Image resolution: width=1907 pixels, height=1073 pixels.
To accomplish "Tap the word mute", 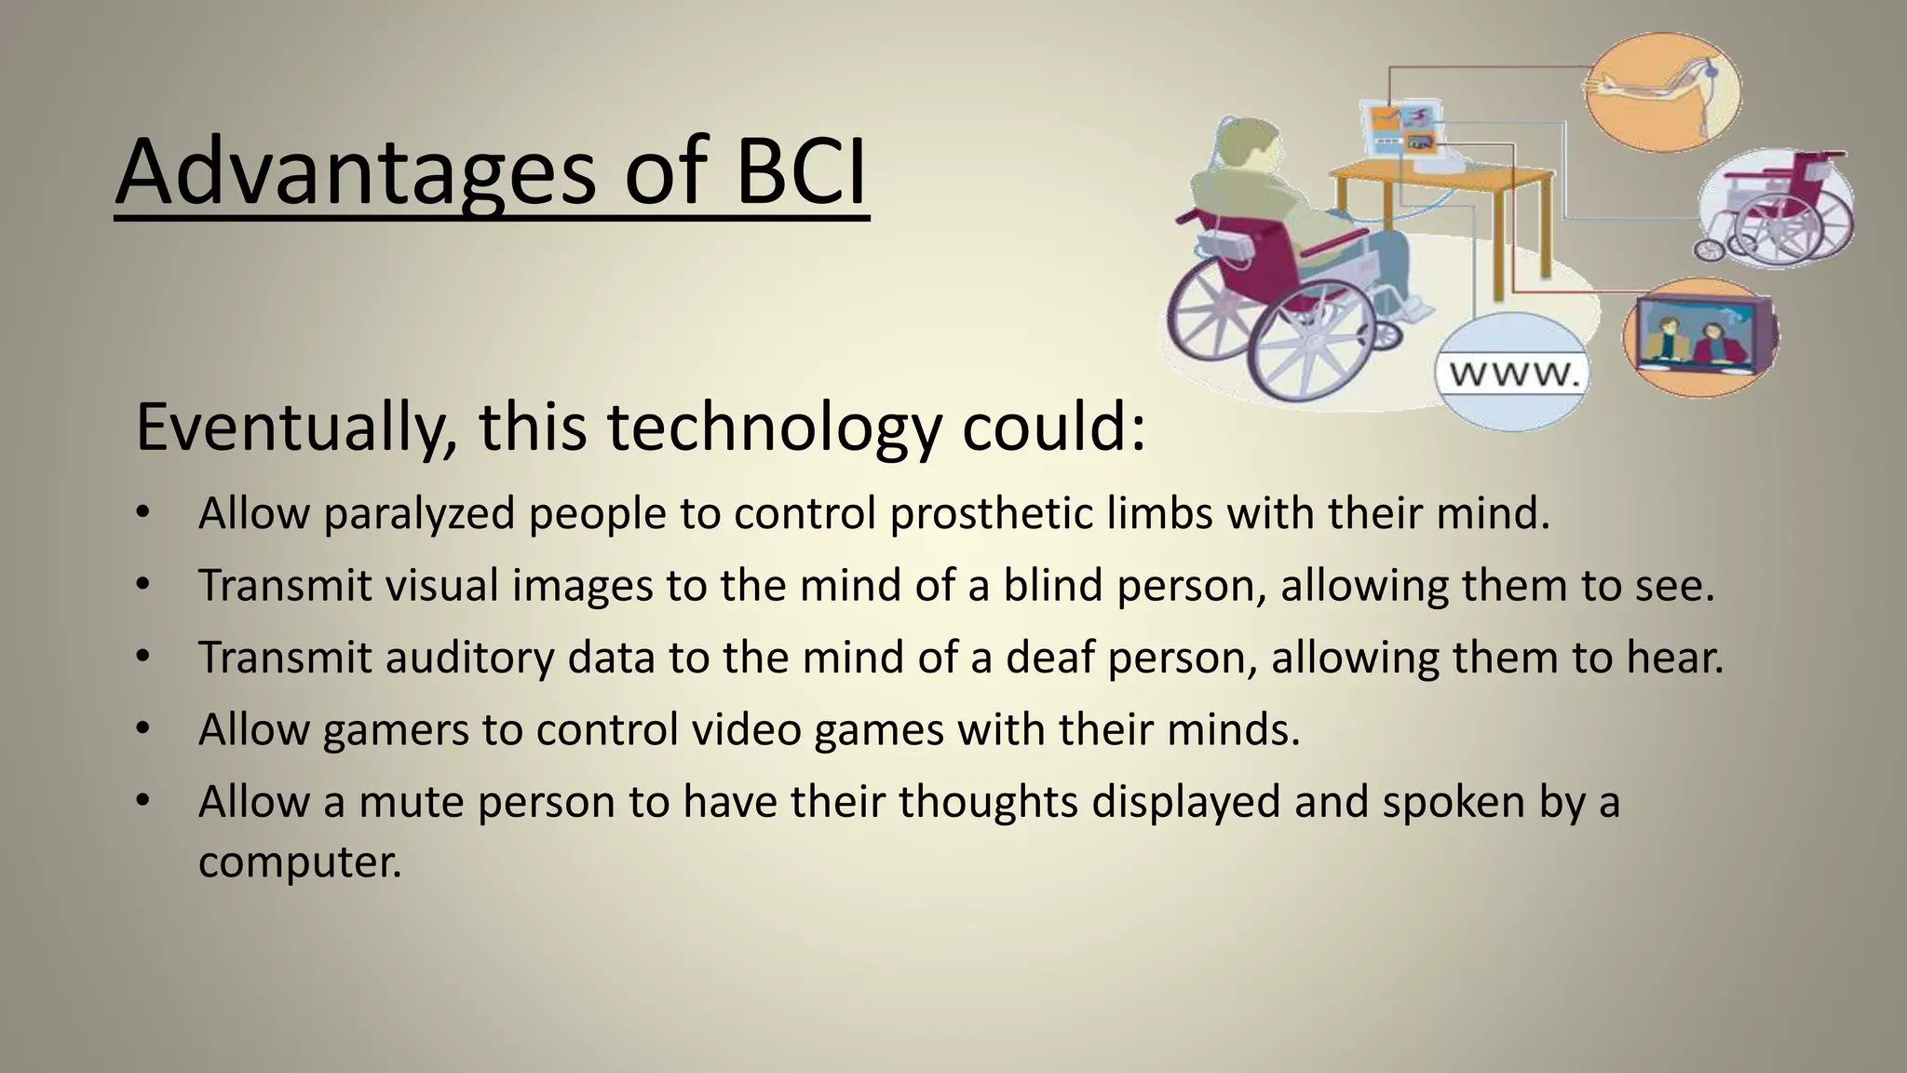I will [x=411, y=802].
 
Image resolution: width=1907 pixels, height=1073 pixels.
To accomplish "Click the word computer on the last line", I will [x=299, y=861].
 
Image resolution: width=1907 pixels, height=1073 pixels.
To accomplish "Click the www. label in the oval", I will [x=1513, y=374].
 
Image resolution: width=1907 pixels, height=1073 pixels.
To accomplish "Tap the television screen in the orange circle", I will [x=1699, y=336].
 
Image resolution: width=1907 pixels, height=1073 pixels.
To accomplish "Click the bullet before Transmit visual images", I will [x=142, y=585].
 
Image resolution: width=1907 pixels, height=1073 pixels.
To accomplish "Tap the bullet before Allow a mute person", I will [x=142, y=802].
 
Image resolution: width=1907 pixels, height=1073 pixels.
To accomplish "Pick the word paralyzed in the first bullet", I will [x=419, y=513].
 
